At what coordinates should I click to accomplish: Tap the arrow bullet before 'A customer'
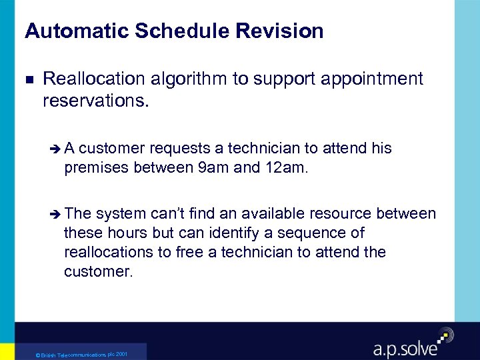pyautogui.click(x=55, y=149)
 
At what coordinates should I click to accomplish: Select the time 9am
pyautogui.click(x=214, y=167)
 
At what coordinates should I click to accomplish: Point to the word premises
pyautogui.click(x=96, y=167)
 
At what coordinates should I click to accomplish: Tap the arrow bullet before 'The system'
pyautogui.click(x=55, y=214)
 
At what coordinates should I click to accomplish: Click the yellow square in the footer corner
pyautogui.click(x=7, y=351)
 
